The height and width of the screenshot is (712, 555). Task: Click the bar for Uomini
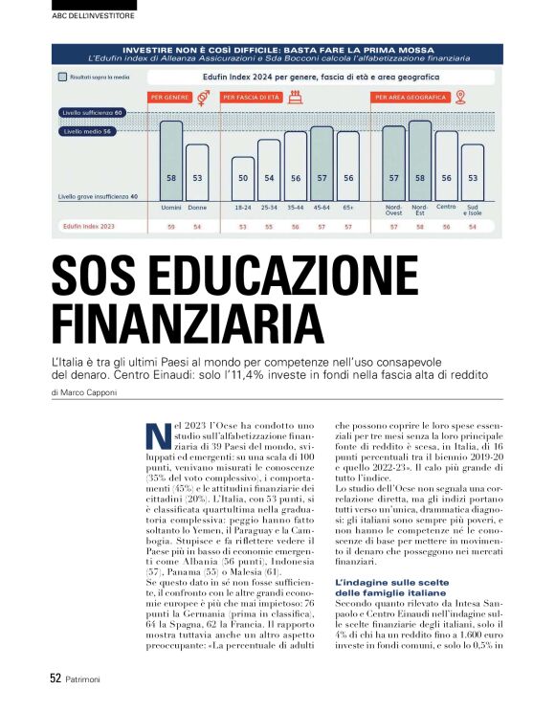click(171, 159)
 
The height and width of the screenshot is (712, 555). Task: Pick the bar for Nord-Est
click(419, 159)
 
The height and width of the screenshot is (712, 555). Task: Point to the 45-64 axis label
click(322, 207)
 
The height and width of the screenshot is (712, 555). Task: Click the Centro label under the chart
click(446, 206)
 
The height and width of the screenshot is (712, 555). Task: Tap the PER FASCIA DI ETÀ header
click(252, 98)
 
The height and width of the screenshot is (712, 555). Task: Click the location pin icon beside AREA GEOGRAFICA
click(460, 97)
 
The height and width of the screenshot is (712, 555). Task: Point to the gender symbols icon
click(203, 97)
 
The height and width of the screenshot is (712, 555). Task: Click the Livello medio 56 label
click(88, 131)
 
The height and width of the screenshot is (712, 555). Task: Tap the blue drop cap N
click(155, 435)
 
